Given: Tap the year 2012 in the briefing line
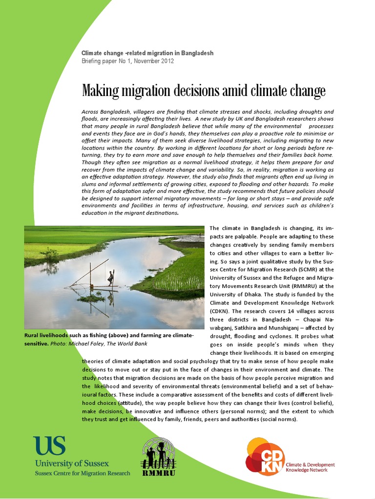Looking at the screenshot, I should tap(166, 61).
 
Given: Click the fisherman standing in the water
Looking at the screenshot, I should tap(111, 278).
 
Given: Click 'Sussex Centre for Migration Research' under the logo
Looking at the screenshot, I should tap(82, 473).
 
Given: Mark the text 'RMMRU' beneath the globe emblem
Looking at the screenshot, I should tap(158, 473).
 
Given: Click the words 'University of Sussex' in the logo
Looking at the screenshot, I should tap(71, 463).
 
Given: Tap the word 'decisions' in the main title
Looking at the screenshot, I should tap(195, 91).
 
